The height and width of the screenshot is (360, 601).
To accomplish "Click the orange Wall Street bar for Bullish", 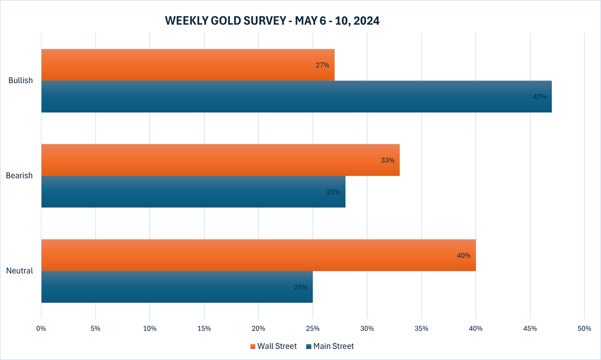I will point(188,65).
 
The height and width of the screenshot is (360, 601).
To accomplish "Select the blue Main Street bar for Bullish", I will point(295,97).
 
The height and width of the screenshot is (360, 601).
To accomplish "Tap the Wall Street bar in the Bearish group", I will point(220,160).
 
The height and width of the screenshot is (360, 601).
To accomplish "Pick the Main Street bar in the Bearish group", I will point(193,192).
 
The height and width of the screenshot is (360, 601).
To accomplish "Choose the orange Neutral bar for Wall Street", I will point(258,255).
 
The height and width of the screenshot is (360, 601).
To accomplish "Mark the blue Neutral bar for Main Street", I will point(177,287).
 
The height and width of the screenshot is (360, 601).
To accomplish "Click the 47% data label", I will point(539,97).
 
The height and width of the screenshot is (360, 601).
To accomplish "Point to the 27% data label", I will point(323,65).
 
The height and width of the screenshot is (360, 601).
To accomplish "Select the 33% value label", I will point(388,160).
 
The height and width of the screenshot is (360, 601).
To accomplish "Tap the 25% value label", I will point(300,287).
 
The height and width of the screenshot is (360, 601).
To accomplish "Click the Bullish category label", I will point(21,81).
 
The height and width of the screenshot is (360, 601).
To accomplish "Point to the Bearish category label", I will point(19,176).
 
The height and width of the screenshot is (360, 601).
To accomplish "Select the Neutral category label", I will point(20,271).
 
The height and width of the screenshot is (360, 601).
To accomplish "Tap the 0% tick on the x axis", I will point(41,328).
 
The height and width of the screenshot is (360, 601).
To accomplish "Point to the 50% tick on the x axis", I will point(584,328).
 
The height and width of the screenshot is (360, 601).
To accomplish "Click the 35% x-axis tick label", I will point(421,328).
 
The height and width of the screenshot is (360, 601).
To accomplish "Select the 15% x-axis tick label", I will point(204,328).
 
